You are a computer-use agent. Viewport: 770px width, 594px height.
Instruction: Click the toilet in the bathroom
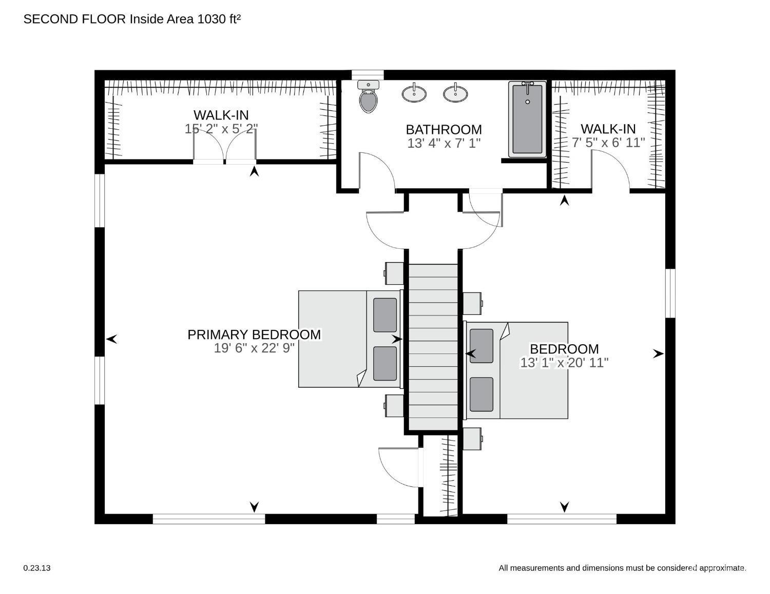tap(369, 99)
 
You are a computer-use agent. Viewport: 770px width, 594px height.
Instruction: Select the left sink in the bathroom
tap(414, 93)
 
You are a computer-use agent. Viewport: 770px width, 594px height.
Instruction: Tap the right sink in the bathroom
tap(455, 93)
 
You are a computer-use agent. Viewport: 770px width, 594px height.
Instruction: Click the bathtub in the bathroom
tap(528, 119)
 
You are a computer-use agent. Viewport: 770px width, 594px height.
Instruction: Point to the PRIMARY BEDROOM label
tap(254, 334)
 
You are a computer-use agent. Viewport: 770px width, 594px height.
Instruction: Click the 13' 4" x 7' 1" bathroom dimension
tap(444, 143)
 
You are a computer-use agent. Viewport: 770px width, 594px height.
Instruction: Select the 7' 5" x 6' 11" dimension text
tap(608, 142)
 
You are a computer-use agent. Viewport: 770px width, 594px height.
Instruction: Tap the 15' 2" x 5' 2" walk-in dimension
tap(221, 129)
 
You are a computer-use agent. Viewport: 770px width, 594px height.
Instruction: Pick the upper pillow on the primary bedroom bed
tap(385, 314)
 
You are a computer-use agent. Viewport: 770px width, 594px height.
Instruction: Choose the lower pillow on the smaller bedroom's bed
tap(482, 394)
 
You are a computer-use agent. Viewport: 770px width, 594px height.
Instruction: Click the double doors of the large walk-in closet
tap(224, 147)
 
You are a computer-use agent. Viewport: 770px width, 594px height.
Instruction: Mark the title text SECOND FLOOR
tap(74, 19)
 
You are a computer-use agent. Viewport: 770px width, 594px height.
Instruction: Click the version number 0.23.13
tap(37, 568)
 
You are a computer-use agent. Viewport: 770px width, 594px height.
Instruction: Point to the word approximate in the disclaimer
tap(722, 568)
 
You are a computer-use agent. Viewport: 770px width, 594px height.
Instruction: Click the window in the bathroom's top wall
tap(368, 75)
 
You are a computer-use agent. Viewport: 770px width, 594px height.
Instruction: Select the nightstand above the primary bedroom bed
tap(394, 273)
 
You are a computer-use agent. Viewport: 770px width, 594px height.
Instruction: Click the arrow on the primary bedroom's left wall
tap(112, 339)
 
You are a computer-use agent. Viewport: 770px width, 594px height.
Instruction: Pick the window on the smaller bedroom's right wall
tap(670, 293)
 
